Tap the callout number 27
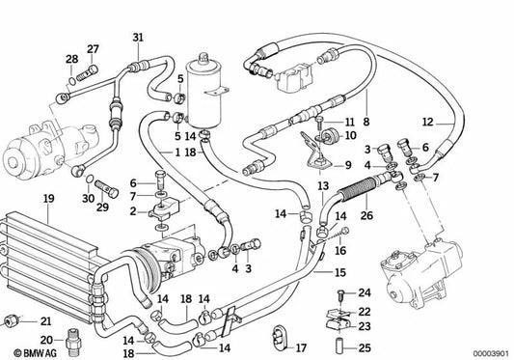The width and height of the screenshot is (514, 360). pos(93,48)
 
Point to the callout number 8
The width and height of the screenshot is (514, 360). pos(365,124)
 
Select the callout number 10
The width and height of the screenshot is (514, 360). pos(351,136)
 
